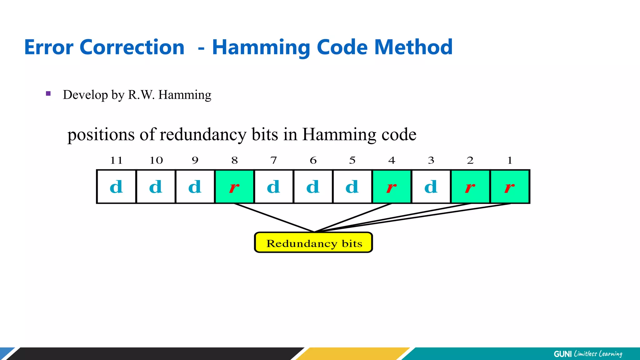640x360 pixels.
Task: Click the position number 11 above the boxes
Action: pos(116,160)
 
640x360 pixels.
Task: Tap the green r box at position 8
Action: pos(234,187)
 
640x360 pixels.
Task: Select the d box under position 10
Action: pos(156,187)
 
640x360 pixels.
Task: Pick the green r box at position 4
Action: pos(392,187)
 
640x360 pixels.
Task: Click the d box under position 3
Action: pos(431,187)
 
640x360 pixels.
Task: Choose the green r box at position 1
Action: pos(510,187)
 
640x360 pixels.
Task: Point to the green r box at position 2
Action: pos(470,187)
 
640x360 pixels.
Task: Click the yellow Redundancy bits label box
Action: pos(313,242)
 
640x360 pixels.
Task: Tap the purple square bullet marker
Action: pos(48,93)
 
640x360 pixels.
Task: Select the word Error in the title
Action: pos(49,47)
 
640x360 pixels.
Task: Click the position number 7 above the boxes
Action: pos(274,160)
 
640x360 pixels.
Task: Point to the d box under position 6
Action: pos(313,187)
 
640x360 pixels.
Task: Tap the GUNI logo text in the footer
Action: pos(562,354)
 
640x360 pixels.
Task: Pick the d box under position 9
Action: pos(195,187)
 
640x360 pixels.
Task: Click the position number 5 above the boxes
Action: pos(352,160)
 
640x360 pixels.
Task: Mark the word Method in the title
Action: pos(413,47)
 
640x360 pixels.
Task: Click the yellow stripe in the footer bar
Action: pos(353,354)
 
